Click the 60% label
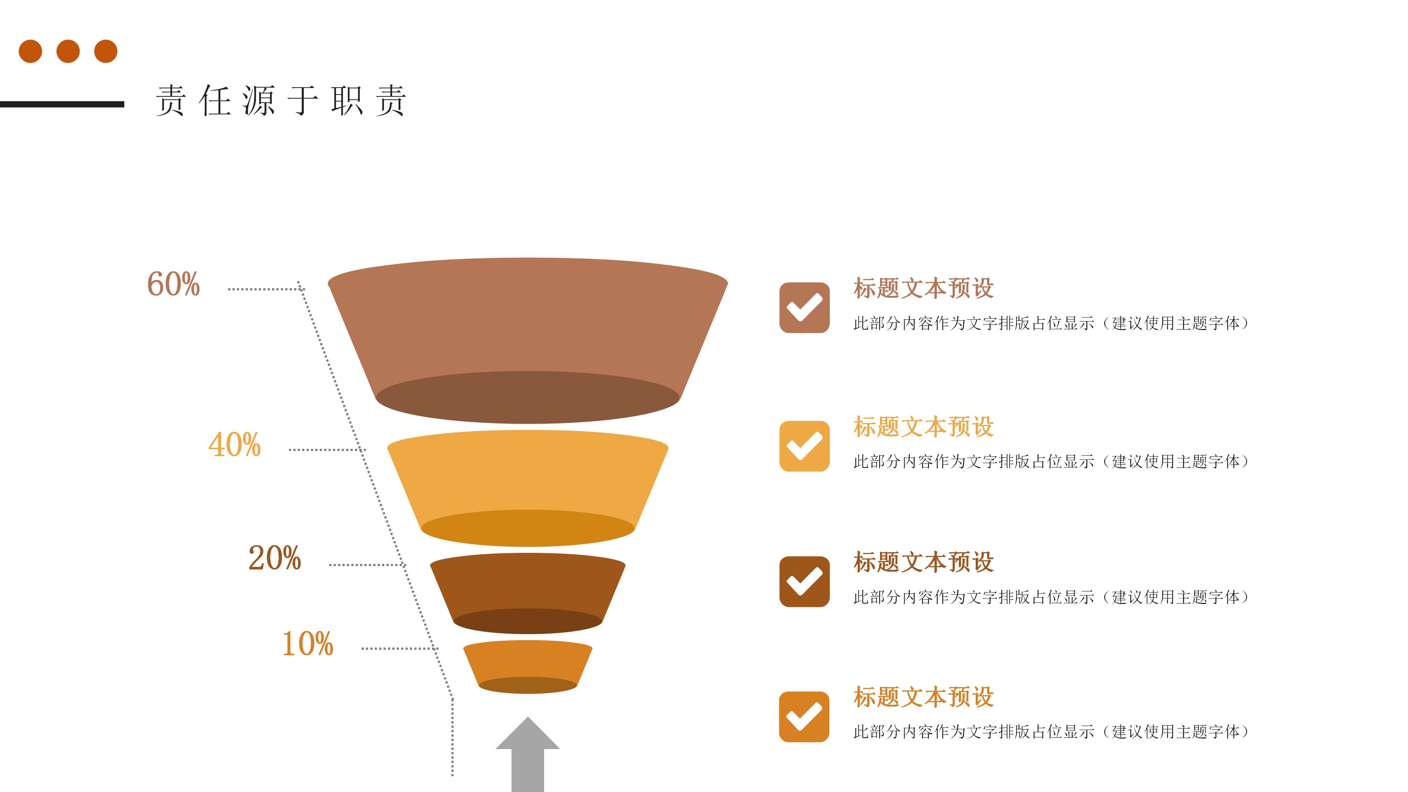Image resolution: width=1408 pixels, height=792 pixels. click(174, 284)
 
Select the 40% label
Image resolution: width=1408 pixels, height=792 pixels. click(235, 444)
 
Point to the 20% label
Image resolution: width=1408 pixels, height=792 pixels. click(274, 558)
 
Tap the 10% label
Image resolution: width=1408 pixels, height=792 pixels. click(308, 643)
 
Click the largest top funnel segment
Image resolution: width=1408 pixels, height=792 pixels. click(528, 328)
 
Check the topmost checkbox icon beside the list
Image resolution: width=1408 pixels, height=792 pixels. click(804, 308)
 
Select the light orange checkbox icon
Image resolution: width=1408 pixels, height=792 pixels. click(804, 446)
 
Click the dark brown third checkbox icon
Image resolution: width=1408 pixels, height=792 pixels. click(804, 582)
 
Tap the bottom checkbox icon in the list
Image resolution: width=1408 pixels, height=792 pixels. click(804, 716)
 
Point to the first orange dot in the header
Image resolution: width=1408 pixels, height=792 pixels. click(30, 51)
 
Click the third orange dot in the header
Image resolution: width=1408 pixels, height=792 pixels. click(106, 51)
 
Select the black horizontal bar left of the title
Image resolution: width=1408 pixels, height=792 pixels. click(62, 104)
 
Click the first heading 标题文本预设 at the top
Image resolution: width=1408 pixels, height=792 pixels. click(923, 289)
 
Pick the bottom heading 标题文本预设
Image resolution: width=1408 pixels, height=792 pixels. click(923, 697)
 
